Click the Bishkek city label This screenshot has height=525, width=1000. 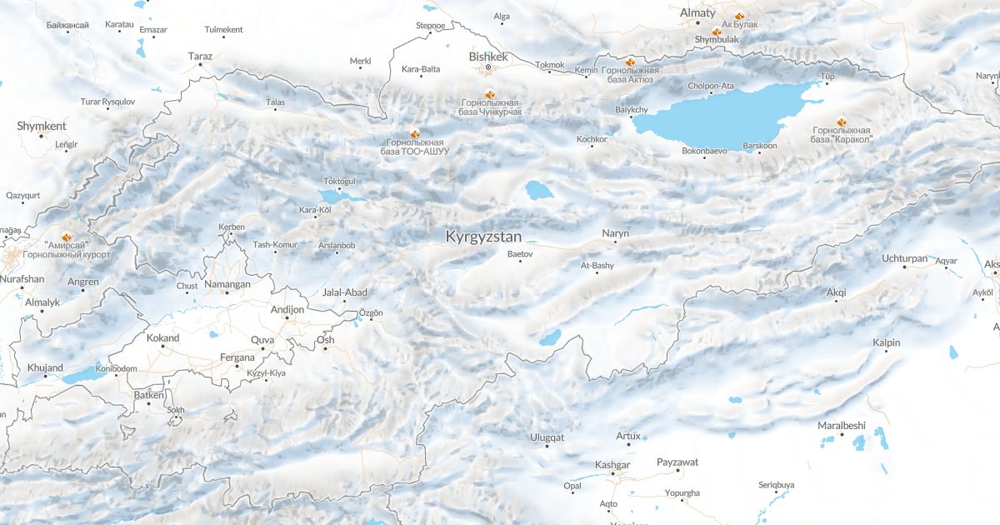tap(488, 57)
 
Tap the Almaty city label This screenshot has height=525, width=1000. tap(697, 12)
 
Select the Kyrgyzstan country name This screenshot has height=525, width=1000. tap(483, 236)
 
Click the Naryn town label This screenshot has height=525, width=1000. tap(615, 233)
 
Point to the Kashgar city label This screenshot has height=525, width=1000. tap(612, 464)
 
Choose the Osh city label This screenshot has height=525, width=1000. tap(325, 340)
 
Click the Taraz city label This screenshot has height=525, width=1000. tap(200, 57)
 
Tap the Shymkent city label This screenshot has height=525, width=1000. tap(42, 126)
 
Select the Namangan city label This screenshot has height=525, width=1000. tap(227, 284)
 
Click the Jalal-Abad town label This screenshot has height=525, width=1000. tap(344, 292)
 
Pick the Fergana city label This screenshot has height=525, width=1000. tap(237, 357)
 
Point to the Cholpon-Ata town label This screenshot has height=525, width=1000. tap(711, 86)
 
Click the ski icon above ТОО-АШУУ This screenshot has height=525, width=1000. tap(415, 132)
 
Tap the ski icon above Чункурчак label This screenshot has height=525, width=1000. tap(489, 94)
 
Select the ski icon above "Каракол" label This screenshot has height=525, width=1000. tap(841, 122)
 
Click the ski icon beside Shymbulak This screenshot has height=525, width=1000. tap(717, 32)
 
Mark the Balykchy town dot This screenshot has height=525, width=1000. tap(631, 117)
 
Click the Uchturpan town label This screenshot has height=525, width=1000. tap(904, 258)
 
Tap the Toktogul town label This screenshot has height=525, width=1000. tap(339, 181)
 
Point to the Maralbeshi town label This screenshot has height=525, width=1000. tap(842, 425)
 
